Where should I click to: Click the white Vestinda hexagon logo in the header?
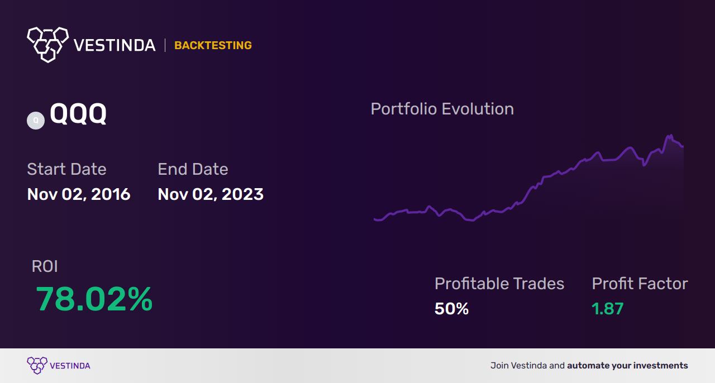click(47, 44)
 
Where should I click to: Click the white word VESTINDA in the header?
click(115, 45)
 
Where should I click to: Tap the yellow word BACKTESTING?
click(213, 45)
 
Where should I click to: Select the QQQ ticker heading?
click(78, 114)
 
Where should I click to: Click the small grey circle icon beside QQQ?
click(36, 120)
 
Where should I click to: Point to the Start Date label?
click(66, 169)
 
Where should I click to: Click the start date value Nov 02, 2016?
click(79, 194)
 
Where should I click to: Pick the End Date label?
click(193, 169)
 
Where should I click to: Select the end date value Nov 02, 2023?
click(211, 194)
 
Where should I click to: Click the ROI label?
click(45, 266)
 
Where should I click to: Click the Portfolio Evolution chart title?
click(442, 109)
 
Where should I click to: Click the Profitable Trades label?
click(499, 284)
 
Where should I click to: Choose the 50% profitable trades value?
click(451, 308)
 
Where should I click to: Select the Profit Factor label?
click(640, 284)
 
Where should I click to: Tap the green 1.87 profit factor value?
click(608, 308)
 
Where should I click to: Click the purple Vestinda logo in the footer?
click(37, 365)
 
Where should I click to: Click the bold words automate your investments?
click(627, 366)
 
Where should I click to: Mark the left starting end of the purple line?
click(374, 219)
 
